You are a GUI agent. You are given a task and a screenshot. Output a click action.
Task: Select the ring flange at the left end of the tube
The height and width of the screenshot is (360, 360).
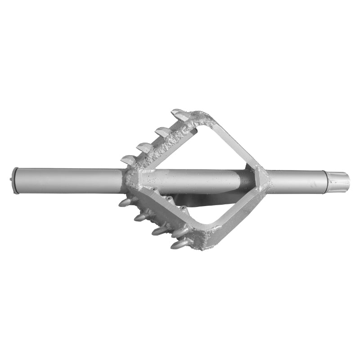(x=16, y=180)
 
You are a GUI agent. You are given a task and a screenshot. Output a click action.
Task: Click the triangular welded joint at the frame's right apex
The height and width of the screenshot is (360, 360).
(x=261, y=177)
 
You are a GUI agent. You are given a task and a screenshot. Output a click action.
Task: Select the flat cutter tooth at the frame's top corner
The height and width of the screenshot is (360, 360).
(x=180, y=114)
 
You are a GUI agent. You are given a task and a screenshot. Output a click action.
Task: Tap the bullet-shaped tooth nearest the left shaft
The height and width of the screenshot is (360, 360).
(x=126, y=202)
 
